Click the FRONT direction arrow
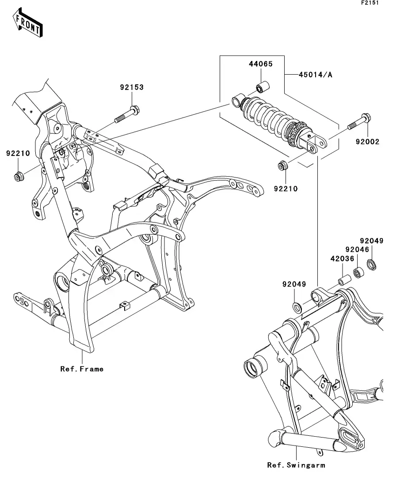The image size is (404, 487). pos(27,23)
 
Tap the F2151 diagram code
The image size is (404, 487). pos(370,3)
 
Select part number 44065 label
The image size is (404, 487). pos(261,64)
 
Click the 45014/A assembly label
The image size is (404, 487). pos(315,75)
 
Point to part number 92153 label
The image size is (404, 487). pos(132,87)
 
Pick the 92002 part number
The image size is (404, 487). pos(368,142)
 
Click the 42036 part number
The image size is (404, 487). pos(342,259)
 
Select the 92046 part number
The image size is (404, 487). pos(357,250)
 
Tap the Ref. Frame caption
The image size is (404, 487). pos(82,369)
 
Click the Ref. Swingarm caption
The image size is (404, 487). pos(296,465)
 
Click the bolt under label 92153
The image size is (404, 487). pos(127,115)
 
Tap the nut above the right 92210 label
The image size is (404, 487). pos(283,166)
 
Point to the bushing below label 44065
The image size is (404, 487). pos(263,87)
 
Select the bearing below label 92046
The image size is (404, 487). pos(360,272)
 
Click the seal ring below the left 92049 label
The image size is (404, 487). pos(297,307)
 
